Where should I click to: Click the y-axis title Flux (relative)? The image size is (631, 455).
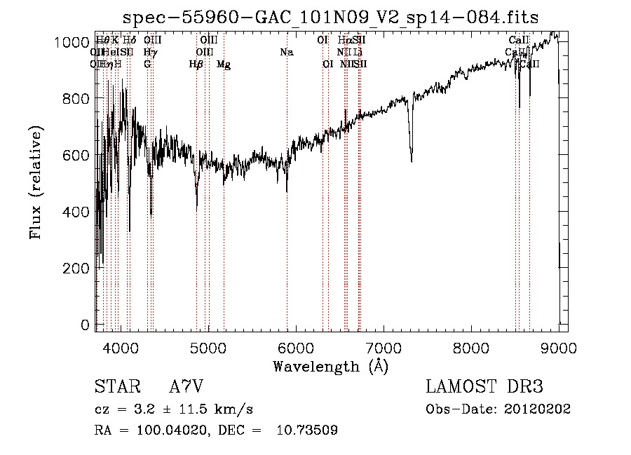pos(36,182)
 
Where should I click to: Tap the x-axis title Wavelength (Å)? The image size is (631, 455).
pos(330,366)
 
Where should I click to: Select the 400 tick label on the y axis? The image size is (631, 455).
pos(77,212)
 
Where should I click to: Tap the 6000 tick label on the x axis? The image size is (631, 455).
pos(296,346)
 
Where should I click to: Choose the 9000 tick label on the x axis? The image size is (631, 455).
pos(559,346)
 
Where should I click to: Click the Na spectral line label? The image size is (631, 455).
pos(286,52)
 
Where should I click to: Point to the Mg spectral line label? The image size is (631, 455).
pos(224,64)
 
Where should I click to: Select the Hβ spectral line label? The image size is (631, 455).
pos(196,64)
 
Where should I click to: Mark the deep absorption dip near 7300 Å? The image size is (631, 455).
pos(412,156)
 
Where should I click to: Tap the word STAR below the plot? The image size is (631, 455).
pos(116,387)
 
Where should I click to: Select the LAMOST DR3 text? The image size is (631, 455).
pos(484,387)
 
